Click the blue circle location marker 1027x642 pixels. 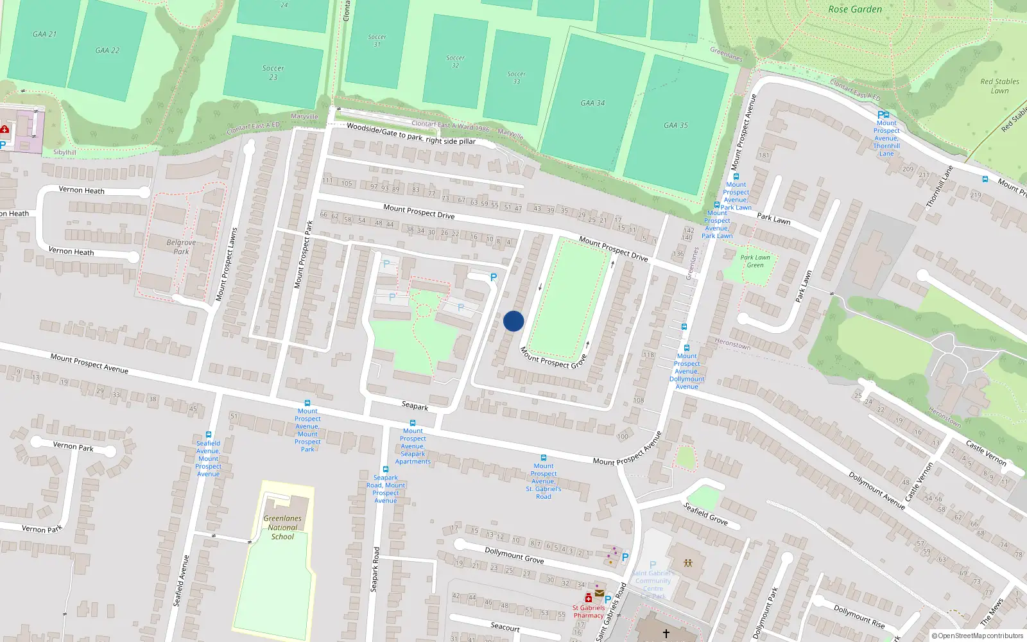(x=513, y=321)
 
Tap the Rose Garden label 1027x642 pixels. (x=855, y=10)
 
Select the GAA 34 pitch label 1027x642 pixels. (x=592, y=103)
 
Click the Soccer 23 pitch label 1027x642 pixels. (x=273, y=73)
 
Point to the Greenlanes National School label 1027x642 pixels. (x=282, y=527)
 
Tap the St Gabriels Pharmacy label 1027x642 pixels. (x=589, y=611)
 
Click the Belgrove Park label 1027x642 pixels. (x=181, y=247)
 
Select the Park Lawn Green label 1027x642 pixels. (x=755, y=261)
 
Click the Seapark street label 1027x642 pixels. (x=415, y=406)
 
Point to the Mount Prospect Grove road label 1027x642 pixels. (x=553, y=358)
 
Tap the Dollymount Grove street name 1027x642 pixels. (x=514, y=555)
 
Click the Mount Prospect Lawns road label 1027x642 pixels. (x=226, y=265)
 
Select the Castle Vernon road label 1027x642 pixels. (x=986, y=453)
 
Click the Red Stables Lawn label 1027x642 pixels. (x=999, y=86)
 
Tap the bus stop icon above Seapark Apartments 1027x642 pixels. (x=413, y=423)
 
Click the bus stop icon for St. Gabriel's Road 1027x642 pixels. (x=544, y=458)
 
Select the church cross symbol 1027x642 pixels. (x=666, y=634)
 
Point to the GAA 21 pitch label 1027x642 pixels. (x=45, y=34)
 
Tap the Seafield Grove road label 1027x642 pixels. (x=705, y=514)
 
